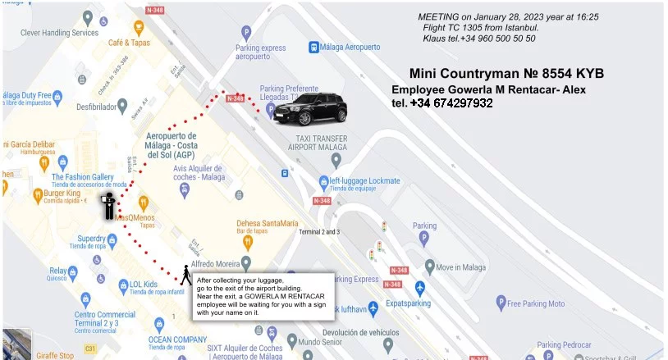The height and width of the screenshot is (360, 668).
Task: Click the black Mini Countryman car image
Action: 304,108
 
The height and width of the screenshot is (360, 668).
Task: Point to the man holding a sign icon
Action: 108,204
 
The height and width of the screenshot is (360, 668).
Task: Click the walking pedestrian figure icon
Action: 185,276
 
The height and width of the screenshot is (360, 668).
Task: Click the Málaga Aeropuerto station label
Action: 352,48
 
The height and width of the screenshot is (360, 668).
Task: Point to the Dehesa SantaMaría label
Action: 268,223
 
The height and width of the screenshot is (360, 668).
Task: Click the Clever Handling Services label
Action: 59,33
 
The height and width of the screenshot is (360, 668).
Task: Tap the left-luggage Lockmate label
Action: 364,180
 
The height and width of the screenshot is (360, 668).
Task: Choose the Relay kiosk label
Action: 57,270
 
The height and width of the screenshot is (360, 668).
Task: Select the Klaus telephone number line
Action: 478,38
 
